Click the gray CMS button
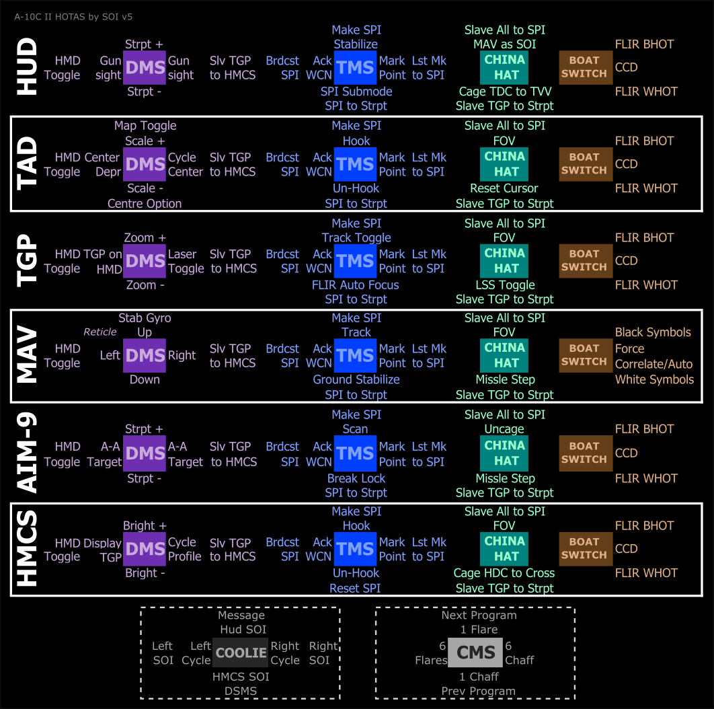click(476, 652)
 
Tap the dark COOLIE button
click(241, 652)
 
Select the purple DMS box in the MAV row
click(145, 355)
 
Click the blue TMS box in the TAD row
click(356, 164)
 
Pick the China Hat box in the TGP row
click(505, 260)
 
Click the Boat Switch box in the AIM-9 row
click(585, 453)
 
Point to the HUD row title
click(27, 67)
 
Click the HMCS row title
click(27, 549)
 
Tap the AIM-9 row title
click(27, 453)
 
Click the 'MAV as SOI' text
click(504, 44)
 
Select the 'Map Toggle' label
click(145, 126)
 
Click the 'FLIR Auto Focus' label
click(356, 285)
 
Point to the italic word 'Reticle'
click(100, 332)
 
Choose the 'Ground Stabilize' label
click(356, 379)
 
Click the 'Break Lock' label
click(356, 478)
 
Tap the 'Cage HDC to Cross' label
click(504, 573)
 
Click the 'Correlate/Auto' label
click(653, 364)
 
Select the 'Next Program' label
click(479, 615)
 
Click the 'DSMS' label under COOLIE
click(241, 691)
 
